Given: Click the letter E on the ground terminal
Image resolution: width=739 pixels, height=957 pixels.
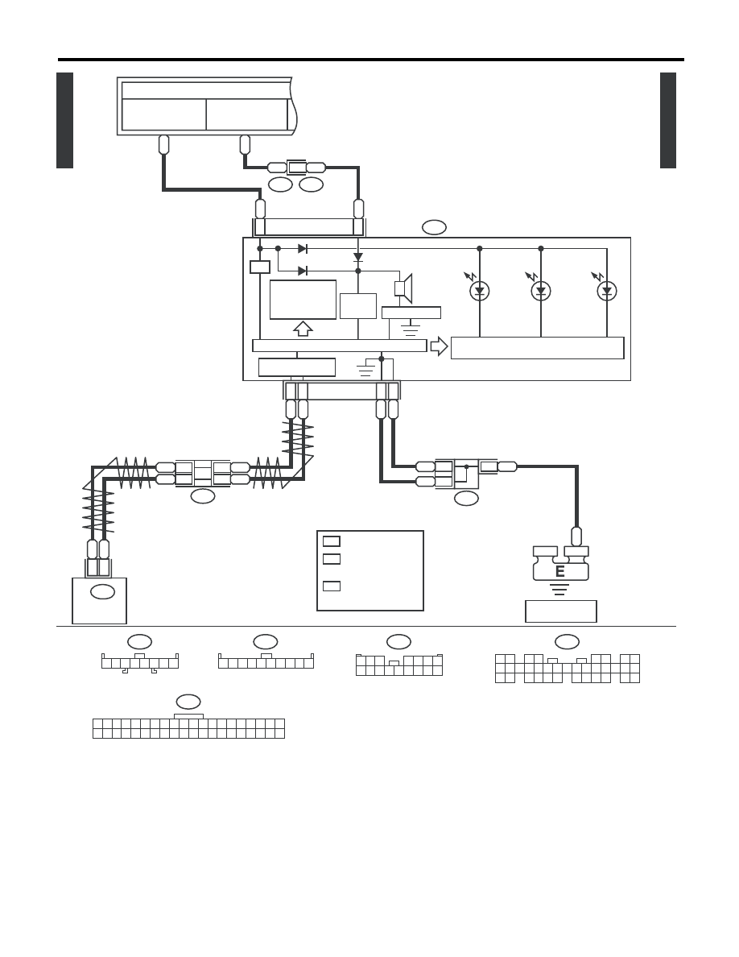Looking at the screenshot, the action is point(559,571).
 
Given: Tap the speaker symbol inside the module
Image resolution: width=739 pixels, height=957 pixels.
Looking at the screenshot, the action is point(403,288).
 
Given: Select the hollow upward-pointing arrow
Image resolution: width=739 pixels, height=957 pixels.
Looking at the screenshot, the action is point(303,329).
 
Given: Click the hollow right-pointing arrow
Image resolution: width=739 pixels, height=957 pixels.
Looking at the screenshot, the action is point(439,346).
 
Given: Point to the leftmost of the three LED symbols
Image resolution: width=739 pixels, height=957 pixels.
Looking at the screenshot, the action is point(479,291).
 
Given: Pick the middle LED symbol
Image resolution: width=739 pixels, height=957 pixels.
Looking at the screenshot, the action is point(541,291).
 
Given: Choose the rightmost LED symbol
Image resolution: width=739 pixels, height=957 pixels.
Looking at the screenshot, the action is point(607,291).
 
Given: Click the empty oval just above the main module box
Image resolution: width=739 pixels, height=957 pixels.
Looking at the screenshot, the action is point(434,227).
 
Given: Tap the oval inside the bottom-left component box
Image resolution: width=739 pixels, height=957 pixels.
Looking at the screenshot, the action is point(102,591).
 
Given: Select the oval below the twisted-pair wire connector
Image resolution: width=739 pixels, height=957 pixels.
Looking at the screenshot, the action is point(202,496).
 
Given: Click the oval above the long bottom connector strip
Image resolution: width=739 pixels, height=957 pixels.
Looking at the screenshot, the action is point(188,702).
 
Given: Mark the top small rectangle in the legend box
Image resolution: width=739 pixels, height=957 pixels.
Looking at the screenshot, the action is point(331,541).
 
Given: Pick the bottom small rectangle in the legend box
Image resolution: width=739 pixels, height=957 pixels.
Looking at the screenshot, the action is point(331,586).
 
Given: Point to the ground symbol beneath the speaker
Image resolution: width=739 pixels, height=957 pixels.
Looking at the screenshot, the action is point(411,330).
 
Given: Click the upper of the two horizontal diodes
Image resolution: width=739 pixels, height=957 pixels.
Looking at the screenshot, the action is point(303,248).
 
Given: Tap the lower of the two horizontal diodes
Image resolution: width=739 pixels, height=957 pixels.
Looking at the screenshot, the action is point(303,271).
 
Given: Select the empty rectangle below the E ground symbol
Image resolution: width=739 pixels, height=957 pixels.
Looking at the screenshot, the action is point(561,611).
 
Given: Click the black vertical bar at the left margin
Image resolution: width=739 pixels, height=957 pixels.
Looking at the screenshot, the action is point(64,120).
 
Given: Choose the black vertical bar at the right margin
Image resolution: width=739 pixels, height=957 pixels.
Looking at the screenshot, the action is point(667,120).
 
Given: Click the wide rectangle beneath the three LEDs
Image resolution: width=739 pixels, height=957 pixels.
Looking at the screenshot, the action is point(537,348).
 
